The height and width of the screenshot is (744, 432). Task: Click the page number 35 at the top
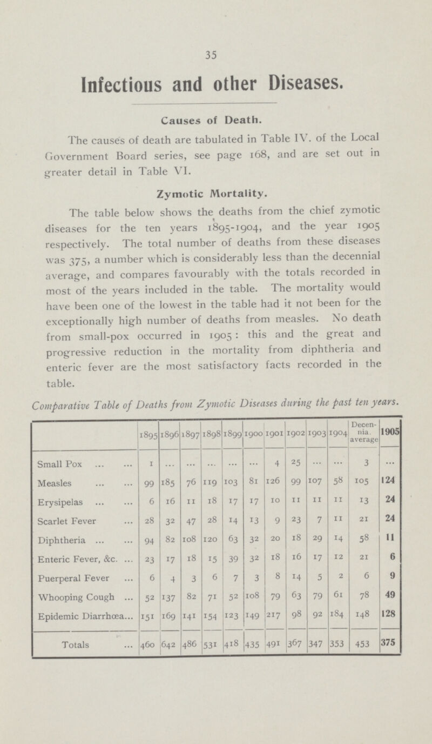216,54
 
